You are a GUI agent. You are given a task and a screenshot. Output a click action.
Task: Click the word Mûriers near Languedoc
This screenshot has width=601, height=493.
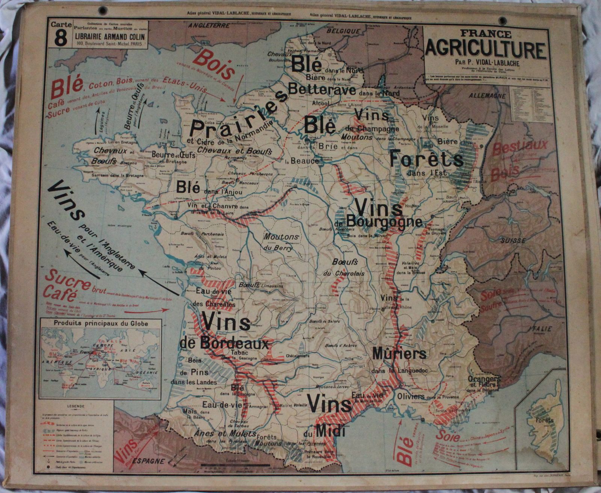pyautogui.click(x=399, y=353)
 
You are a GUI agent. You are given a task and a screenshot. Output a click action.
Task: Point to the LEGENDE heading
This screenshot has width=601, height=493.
pyautogui.click(x=76, y=407)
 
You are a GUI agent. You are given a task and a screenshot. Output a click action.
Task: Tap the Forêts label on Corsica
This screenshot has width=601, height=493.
pyautogui.click(x=545, y=420)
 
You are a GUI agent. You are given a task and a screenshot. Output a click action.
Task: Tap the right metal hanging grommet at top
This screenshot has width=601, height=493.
pyautogui.click(x=503, y=21)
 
